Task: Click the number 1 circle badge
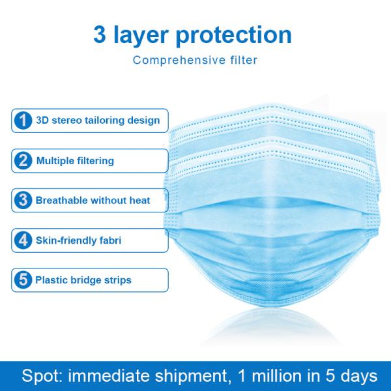pyautogui.click(x=23, y=121)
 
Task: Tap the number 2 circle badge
pyautogui.click(x=23, y=160)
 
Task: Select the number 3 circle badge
pyautogui.click(x=23, y=200)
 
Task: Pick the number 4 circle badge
pyautogui.click(x=23, y=240)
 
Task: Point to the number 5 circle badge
pyautogui.click(x=23, y=280)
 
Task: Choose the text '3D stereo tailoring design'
pyautogui.click(x=97, y=121)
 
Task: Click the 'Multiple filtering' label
pyautogui.click(x=75, y=160)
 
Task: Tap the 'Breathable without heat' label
pyautogui.click(x=93, y=200)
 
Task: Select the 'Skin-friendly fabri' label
pyautogui.click(x=79, y=240)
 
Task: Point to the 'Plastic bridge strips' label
pyautogui.click(x=83, y=280)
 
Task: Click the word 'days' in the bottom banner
pyautogui.click(x=356, y=377)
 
